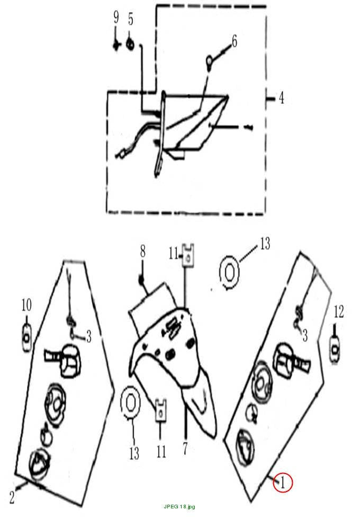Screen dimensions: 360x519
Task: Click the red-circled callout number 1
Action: pyautogui.click(x=283, y=482)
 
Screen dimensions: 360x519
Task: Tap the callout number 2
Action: pyautogui.click(x=12, y=497)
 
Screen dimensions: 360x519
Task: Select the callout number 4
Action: pyautogui.click(x=281, y=98)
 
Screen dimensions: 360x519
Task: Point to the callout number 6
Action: pyautogui.click(x=234, y=42)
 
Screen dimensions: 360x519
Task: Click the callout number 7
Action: pyautogui.click(x=185, y=449)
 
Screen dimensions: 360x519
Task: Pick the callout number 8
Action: pyautogui.click(x=142, y=252)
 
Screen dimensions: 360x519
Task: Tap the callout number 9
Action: pyautogui.click(x=116, y=17)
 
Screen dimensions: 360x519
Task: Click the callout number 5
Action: pyautogui.click(x=131, y=19)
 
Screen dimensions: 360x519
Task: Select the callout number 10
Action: pyautogui.click(x=26, y=305)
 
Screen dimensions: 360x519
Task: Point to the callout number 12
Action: pyautogui.click(x=338, y=311)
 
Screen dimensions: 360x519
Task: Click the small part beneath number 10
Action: pyautogui.click(x=26, y=338)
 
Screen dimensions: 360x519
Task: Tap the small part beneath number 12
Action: pyautogui.click(x=335, y=349)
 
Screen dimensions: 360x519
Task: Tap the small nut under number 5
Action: pyautogui.click(x=131, y=44)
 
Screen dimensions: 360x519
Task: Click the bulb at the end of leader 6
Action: pyautogui.click(x=209, y=62)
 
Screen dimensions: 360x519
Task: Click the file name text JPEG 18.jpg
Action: pyautogui.click(x=179, y=506)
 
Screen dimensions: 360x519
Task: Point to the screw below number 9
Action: pyautogui.click(x=116, y=45)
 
